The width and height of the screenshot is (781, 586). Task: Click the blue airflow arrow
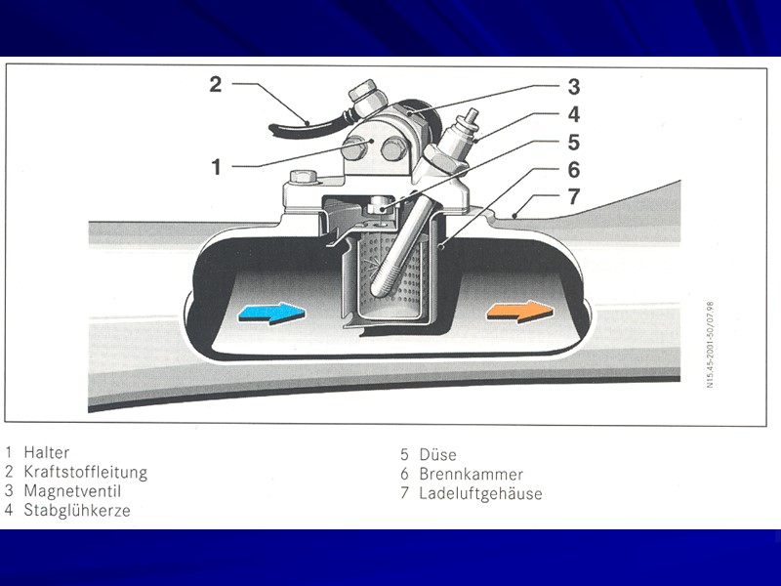click(271, 314)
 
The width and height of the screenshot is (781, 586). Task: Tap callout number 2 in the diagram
click(215, 84)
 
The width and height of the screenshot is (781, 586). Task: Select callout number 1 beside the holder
click(217, 167)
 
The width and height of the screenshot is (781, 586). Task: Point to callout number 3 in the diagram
click(574, 86)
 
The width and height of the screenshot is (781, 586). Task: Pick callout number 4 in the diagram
click(574, 113)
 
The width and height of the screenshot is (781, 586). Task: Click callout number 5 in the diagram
click(574, 142)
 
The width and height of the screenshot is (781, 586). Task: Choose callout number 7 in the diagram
click(574, 197)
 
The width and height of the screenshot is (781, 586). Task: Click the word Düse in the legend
click(437, 454)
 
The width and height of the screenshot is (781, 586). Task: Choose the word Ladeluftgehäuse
click(480, 493)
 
